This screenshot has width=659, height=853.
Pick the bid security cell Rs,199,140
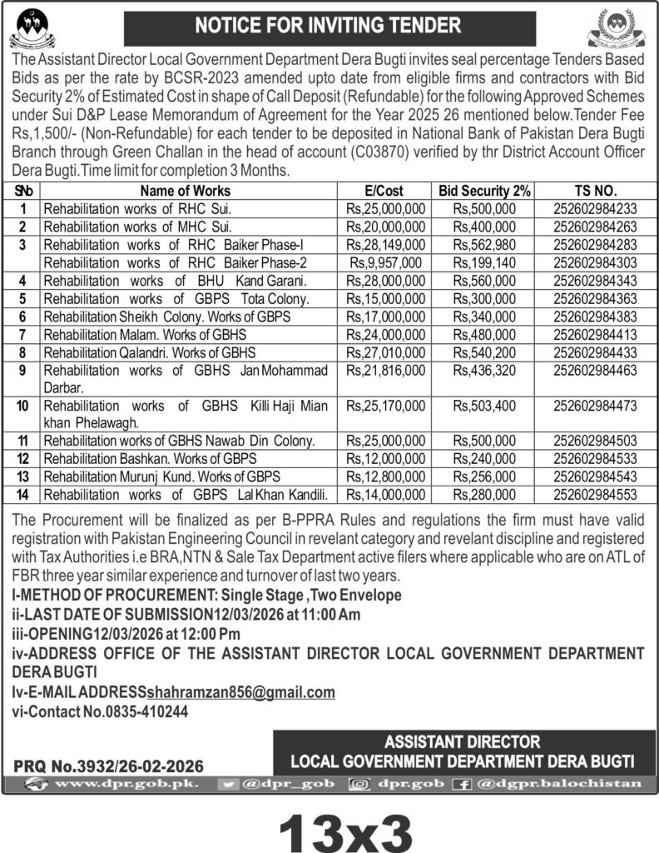click(x=484, y=262)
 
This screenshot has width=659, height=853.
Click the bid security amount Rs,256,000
click(x=484, y=477)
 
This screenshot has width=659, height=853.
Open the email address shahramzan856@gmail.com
click(x=240, y=692)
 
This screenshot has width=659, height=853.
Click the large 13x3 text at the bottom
click(x=345, y=825)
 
